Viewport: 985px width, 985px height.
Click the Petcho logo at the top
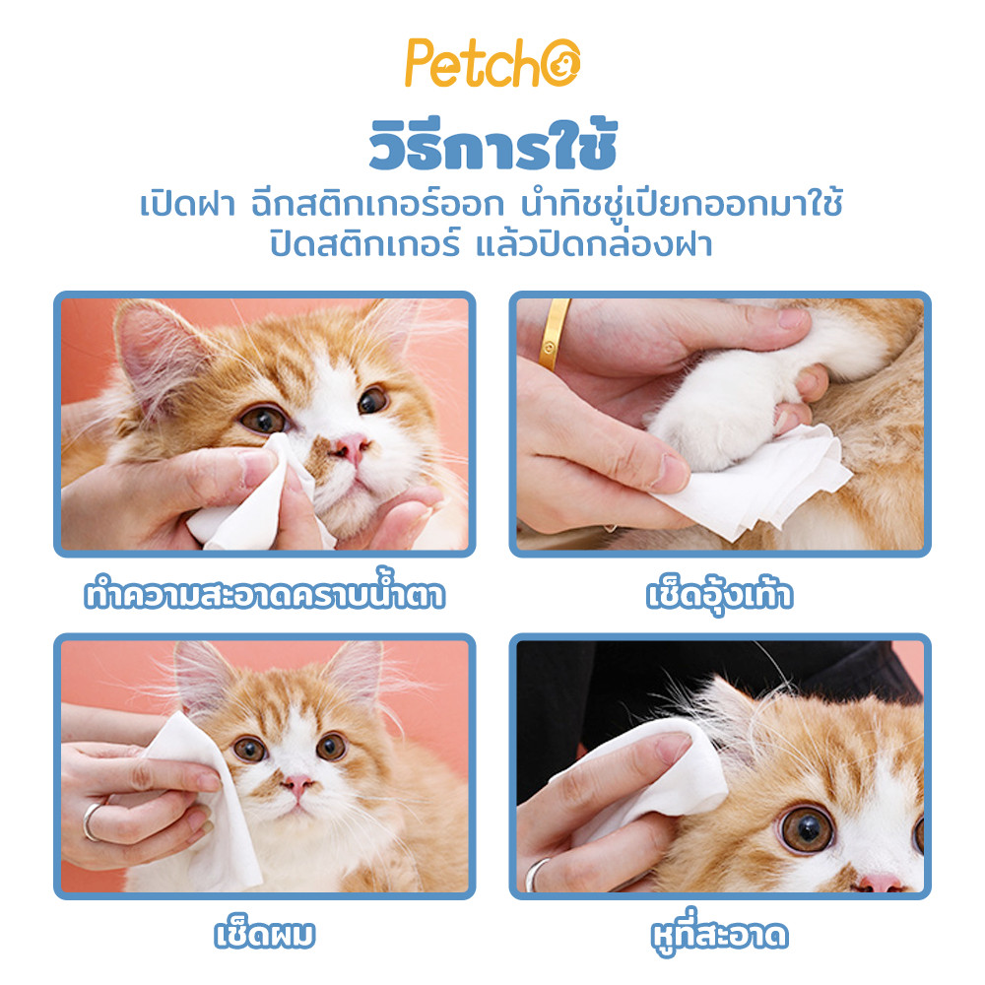pos(492,63)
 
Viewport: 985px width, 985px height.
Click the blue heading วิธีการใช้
pos(493,145)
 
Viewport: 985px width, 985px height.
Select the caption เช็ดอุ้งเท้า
pos(720,595)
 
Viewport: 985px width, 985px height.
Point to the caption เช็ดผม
pos(264,934)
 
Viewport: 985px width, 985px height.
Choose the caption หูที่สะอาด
pos(720,933)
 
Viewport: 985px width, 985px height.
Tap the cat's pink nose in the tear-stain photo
pos(351,446)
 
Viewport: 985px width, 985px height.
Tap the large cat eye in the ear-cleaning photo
pos(808,829)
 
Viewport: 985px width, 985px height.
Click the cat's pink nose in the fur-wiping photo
pos(297,783)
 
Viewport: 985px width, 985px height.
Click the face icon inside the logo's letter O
pos(560,63)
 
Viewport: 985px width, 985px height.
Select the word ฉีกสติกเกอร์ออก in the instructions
pos(377,204)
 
